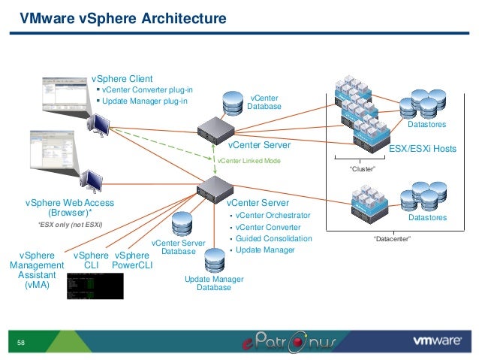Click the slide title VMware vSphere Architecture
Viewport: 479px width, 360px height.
pyautogui.click(x=122, y=17)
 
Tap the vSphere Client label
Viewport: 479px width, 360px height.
pyautogui.click(x=122, y=78)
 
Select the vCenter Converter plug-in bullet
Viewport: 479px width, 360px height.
pyautogui.click(x=147, y=89)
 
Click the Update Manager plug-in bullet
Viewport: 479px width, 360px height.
pyautogui.click(x=144, y=101)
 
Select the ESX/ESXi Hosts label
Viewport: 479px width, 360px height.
pyautogui.click(x=422, y=150)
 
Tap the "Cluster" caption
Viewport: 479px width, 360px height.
pyautogui.click(x=363, y=170)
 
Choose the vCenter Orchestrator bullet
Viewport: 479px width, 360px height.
pyautogui.click(x=272, y=215)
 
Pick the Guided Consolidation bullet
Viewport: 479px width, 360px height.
pyautogui.click(x=274, y=239)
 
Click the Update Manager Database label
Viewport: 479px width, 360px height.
pyautogui.click(x=213, y=283)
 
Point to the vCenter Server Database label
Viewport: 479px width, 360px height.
pyautogui.click(x=178, y=247)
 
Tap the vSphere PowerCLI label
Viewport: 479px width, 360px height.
pyautogui.click(x=132, y=260)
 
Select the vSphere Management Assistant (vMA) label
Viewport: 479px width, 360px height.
pyautogui.click(x=36, y=270)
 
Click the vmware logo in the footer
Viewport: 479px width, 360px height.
pyautogui.click(x=437, y=340)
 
